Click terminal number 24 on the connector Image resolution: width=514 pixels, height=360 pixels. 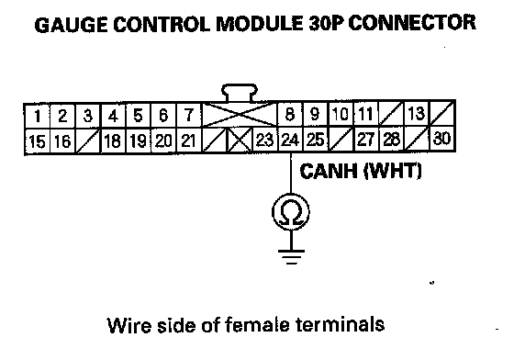click(290, 140)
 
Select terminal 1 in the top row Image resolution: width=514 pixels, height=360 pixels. click(38, 116)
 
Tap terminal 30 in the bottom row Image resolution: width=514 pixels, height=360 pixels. click(441, 139)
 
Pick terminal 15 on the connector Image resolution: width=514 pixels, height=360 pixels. click(37, 141)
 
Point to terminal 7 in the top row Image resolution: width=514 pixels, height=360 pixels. click(189, 115)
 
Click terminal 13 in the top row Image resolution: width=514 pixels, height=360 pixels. click(417, 114)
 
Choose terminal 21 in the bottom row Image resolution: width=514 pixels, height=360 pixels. click(189, 141)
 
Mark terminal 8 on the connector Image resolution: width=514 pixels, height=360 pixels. click(290, 114)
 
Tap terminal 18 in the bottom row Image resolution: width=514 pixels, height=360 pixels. click(113, 141)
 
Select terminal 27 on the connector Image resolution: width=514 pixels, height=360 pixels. click(366, 139)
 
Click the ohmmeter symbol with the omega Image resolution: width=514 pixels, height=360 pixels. click(291, 212)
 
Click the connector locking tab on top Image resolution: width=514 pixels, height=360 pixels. click(240, 93)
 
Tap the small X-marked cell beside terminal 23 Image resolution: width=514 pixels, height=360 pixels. click(240, 141)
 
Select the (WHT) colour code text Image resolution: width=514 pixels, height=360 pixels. click(393, 171)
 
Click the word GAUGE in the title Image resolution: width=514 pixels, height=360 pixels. click(71, 24)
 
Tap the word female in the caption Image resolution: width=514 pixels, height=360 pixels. click(257, 324)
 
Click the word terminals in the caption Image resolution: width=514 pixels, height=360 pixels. click(341, 324)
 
